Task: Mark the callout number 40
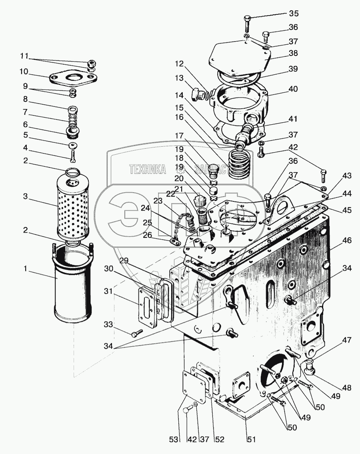(293, 89)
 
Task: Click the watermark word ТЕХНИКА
(148, 169)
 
